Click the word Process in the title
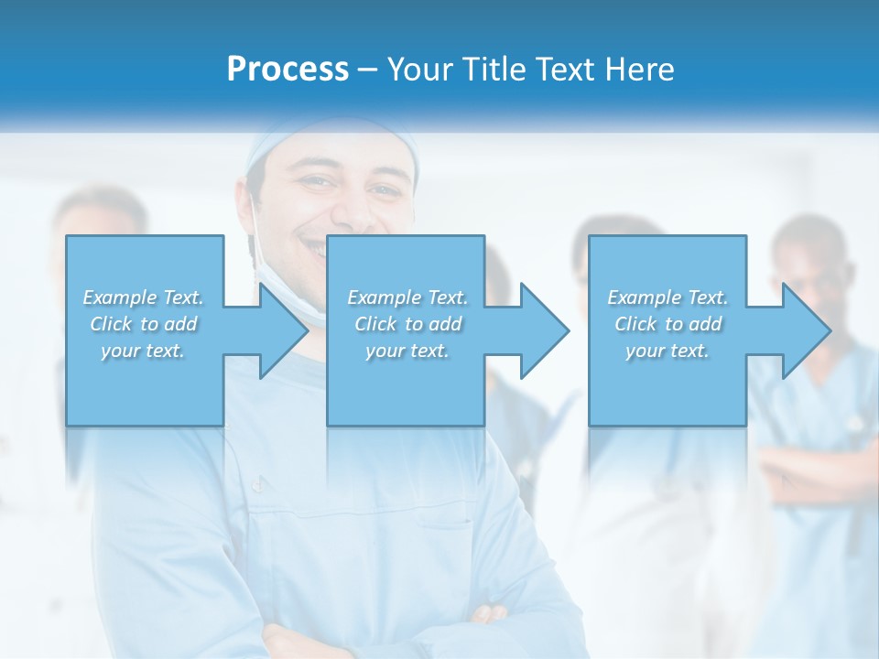click(288, 69)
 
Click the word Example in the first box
click(119, 297)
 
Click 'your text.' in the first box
click(143, 351)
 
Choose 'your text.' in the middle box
click(407, 351)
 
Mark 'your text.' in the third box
click(667, 351)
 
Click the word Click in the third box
click(635, 324)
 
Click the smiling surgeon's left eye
click(383, 191)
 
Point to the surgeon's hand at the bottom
click(490, 615)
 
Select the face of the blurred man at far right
click(810, 265)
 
